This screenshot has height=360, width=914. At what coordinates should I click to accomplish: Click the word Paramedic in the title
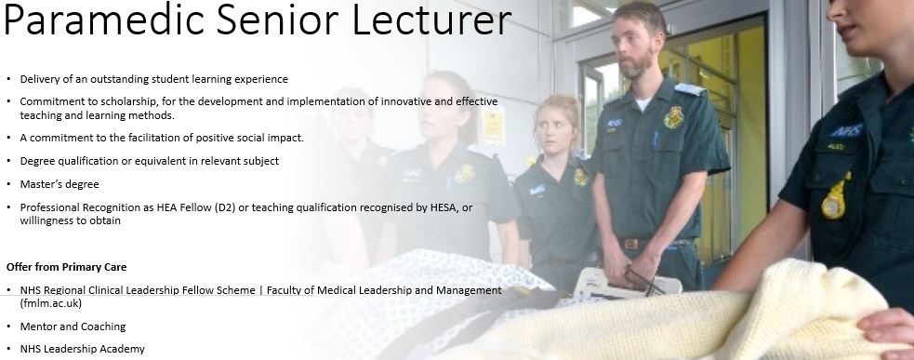[104, 20]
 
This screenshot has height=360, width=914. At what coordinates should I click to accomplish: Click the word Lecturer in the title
[431, 20]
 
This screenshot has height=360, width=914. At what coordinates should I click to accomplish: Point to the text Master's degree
[60, 184]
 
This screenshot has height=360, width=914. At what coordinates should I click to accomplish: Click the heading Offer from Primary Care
[66, 267]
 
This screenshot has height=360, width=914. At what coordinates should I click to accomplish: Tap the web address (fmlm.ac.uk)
[51, 303]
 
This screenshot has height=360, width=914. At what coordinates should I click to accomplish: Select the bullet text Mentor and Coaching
[73, 327]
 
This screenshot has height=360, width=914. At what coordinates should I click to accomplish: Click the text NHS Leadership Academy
[82, 349]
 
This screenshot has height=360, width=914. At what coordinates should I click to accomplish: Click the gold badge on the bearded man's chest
[674, 117]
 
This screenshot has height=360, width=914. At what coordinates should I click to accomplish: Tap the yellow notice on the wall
[493, 126]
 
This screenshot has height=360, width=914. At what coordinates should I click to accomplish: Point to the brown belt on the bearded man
[654, 243]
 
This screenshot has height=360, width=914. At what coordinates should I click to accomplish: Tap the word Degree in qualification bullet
[36, 161]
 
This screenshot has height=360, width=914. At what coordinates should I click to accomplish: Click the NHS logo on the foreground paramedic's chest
[846, 130]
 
